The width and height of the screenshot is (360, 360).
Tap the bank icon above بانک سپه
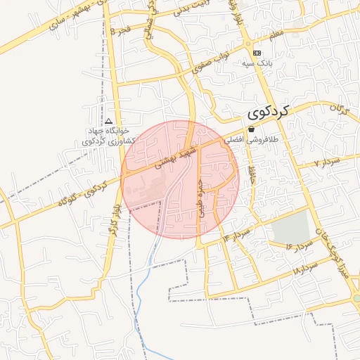[x=257, y=53]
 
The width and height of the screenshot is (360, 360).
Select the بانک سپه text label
[x=257, y=63]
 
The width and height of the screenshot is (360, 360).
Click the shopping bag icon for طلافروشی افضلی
[x=251, y=128]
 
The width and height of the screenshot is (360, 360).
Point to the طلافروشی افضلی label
[x=252, y=140]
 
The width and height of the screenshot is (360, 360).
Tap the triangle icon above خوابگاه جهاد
[x=109, y=122]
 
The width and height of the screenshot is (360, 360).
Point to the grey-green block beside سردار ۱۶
[x=291, y=226]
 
